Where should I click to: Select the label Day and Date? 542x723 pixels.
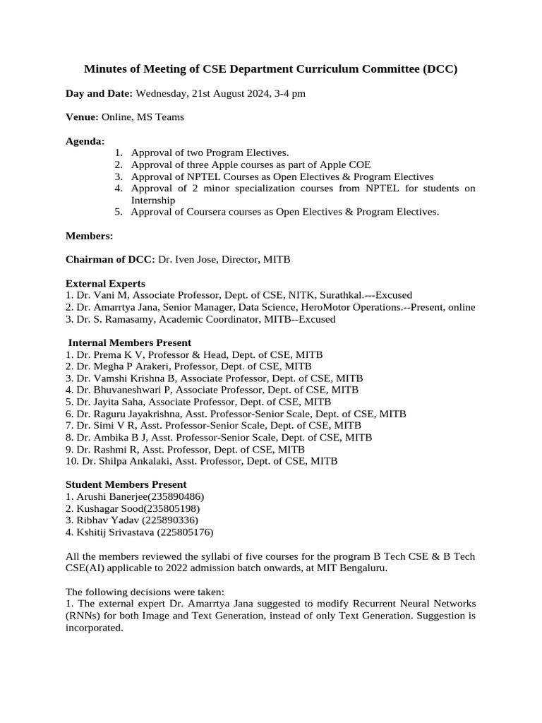(99, 93)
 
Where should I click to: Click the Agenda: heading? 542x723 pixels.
(85, 141)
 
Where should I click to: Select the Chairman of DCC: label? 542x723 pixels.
(110, 259)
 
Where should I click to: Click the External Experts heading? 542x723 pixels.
(105, 283)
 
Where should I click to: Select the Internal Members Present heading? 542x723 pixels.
(130, 342)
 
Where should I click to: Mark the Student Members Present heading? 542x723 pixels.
(126, 484)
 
